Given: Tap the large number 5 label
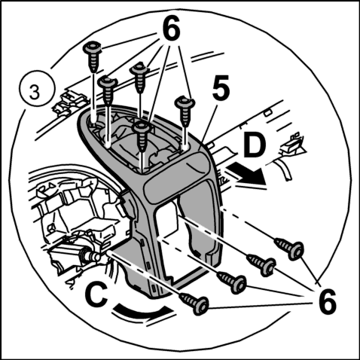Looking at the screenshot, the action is (221, 87).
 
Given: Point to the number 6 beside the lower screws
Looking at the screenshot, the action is (328, 301).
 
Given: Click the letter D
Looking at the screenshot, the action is (255, 146).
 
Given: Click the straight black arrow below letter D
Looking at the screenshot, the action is (246, 173).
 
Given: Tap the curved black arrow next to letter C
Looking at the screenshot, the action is (142, 311).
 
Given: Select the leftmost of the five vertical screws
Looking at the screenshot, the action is (93, 57).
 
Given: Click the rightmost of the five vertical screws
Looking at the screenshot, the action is (185, 111).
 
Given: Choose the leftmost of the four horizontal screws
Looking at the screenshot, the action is (194, 304).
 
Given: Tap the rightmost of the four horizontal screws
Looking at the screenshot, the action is (289, 249).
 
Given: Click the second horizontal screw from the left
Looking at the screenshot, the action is (231, 282).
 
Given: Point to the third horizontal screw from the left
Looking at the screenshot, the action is (261, 265).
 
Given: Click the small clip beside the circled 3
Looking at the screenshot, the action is (69, 102).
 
